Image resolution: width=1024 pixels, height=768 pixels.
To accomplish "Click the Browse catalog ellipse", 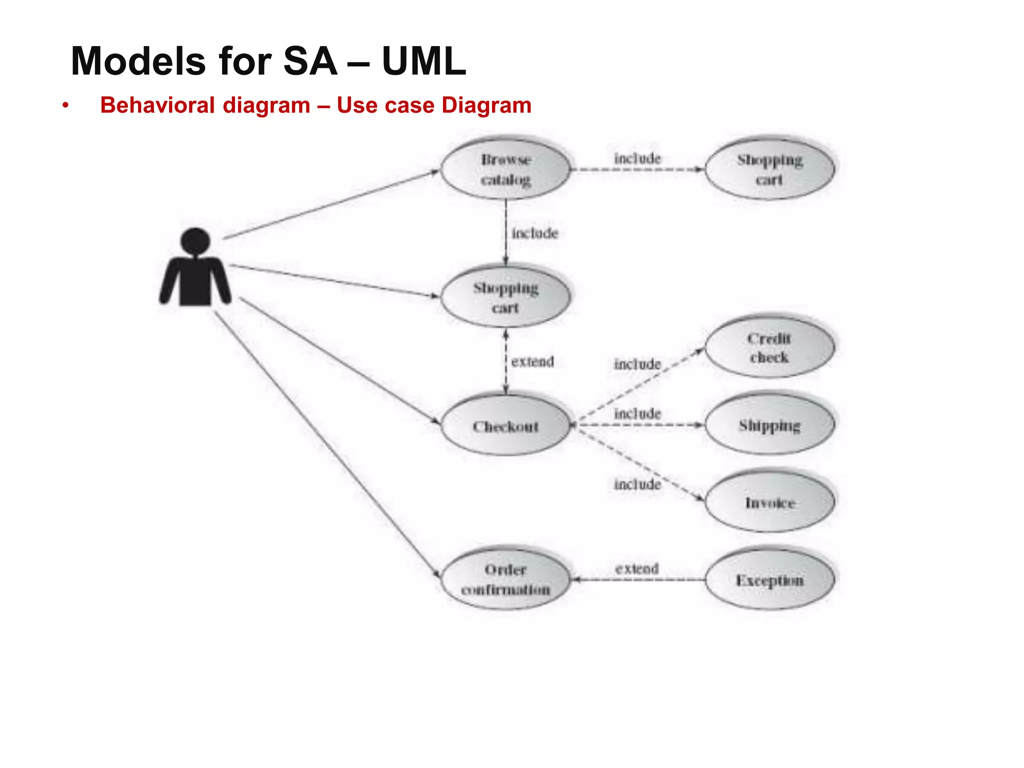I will (505, 169).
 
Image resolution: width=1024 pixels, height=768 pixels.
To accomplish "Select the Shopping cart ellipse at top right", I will (769, 169).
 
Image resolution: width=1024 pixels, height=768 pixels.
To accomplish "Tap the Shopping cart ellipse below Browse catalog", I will (505, 297).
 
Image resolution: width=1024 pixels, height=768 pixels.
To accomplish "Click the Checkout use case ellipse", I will (505, 426).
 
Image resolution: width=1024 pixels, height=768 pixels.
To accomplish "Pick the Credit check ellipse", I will (769, 347).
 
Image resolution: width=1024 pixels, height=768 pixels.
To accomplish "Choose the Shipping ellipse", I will (769, 425).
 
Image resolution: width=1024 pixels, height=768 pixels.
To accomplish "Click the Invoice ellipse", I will (769, 502).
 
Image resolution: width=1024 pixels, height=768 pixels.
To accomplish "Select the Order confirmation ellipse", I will (505, 579).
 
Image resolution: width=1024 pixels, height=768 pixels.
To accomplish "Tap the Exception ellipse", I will (769, 580).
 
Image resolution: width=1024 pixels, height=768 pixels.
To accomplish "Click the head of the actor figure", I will (195, 241).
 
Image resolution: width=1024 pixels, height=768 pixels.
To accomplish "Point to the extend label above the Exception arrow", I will (636, 568).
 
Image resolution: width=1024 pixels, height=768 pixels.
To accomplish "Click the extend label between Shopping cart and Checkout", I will (532, 361).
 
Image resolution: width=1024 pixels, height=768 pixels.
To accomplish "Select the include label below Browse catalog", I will (534, 233).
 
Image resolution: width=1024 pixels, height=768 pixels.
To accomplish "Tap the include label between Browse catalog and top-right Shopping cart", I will (637, 158).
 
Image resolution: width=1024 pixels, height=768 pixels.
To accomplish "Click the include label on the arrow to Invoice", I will (637, 484).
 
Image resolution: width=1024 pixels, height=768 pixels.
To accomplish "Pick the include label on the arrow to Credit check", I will (637, 364).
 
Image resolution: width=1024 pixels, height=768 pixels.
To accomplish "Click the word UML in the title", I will (423, 61).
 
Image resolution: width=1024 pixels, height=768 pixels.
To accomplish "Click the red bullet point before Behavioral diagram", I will (65, 105).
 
